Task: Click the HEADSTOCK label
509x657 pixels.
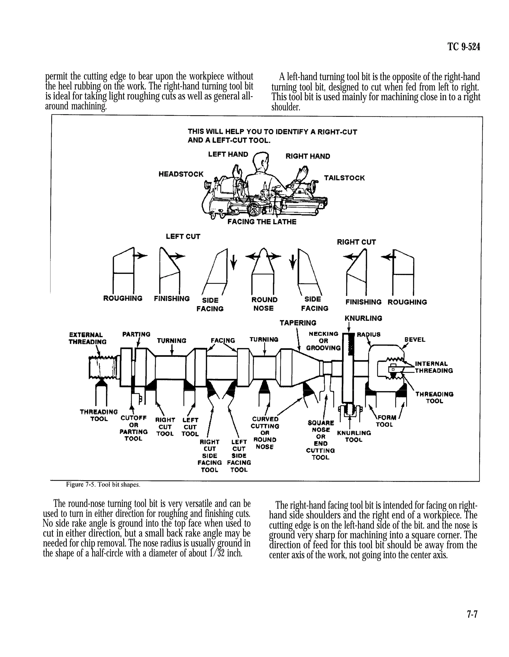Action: [181, 174]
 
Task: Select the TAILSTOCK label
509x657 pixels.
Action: [344, 178]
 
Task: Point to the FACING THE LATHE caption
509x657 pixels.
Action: [261, 222]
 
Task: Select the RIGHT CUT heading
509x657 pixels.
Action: [356, 242]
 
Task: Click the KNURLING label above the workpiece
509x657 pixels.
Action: [363, 318]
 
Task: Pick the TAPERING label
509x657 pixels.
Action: [298, 323]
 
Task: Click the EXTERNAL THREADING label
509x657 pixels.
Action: [87, 338]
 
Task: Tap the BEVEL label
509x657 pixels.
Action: [415, 340]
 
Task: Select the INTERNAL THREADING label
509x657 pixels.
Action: [433, 367]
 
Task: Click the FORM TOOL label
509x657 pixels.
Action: [386, 421]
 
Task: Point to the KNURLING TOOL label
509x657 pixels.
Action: [354, 436]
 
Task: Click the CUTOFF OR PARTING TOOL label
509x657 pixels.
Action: [133, 428]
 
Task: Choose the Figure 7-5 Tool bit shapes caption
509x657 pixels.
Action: [103, 485]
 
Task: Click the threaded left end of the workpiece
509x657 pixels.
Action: [102, 367]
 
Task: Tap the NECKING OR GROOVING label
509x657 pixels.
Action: [323, 341]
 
